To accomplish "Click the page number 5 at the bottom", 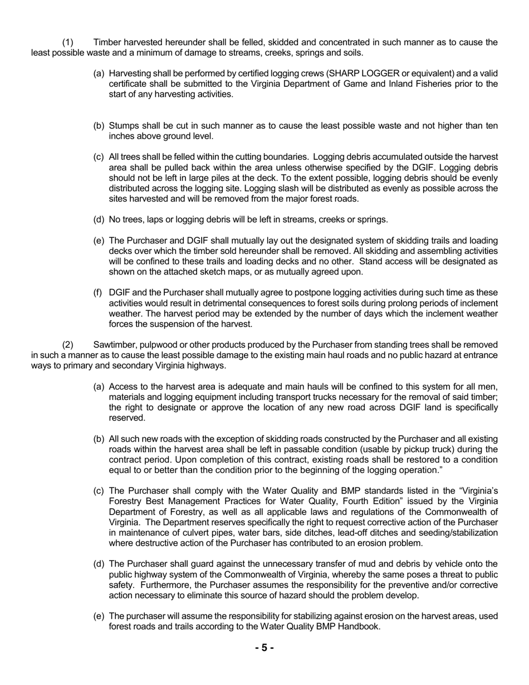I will pos(264,648).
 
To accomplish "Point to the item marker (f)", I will pos(99,293).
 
